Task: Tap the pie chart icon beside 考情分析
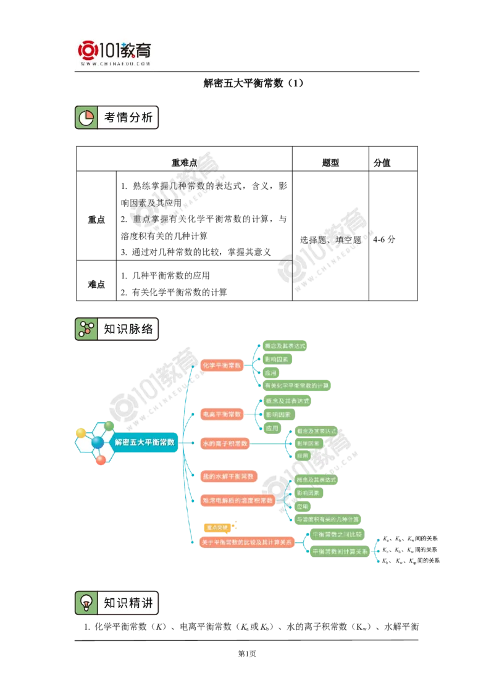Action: (86, 117)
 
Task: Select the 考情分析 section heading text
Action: (128, 117)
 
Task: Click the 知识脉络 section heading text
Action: (128, 329)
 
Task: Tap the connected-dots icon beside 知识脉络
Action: (86, 329)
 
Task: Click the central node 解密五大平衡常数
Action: (145, 442)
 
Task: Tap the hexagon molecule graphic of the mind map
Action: (96, 442)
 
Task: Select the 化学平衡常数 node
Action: (222, 366)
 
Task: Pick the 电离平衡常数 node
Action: (222, 414)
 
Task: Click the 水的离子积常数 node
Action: (224, 443)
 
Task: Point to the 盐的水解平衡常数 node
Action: (228, 477)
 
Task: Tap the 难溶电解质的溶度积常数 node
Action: (238, 501)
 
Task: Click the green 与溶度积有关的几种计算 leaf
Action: (330, 519)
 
